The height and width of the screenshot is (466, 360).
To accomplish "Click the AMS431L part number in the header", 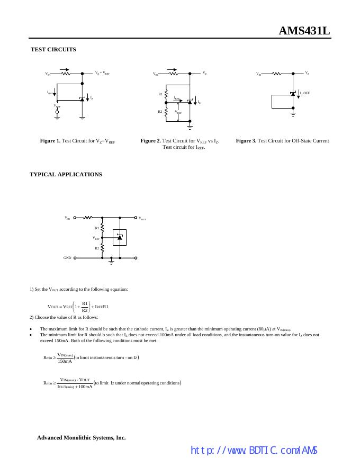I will click(x=304, y=31).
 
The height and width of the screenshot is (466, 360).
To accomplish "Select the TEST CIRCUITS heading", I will click(x=53, y=49).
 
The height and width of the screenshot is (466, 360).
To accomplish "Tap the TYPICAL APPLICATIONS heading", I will click(x=66, y=174).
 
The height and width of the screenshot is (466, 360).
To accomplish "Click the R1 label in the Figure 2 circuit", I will click(x=160, y=94).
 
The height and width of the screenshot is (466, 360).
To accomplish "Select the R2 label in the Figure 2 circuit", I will click(x=160, y=112).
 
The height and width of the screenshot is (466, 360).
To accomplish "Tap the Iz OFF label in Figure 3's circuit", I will click(x=304, y=93).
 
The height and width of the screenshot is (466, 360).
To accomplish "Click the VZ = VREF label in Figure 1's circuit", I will click(x=102, y=73).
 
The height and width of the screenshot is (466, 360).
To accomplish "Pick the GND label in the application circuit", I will click(x=67, y=258).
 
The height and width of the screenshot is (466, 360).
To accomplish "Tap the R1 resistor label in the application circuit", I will click(x=97, y=228).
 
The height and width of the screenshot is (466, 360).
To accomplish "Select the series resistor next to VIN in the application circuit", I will click(x=88, y=217).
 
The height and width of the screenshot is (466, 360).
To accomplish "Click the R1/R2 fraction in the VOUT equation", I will click(x=85, y=307).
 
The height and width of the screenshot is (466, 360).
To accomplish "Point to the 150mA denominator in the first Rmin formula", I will click(x=65, y=362).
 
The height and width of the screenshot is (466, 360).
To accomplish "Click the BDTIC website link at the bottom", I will click(x=254, y=451).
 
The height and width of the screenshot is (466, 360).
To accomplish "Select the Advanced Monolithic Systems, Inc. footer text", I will click(x=81, y=438).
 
